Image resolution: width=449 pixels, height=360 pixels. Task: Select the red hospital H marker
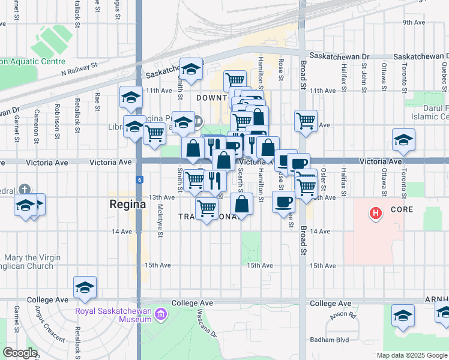click(x=376, y=213)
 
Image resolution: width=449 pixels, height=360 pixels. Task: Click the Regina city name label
click(x=127, y=204)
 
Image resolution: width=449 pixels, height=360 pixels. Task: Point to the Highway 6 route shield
click(x=139, y=179)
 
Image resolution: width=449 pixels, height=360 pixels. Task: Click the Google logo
click(x=20, y=353)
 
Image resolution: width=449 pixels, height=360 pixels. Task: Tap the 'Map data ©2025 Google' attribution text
click(x=412, y=355)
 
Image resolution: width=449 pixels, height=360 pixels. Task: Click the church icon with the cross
click(x=23, y=188)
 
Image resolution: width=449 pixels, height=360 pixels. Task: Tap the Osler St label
click(x=323, y=177)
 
